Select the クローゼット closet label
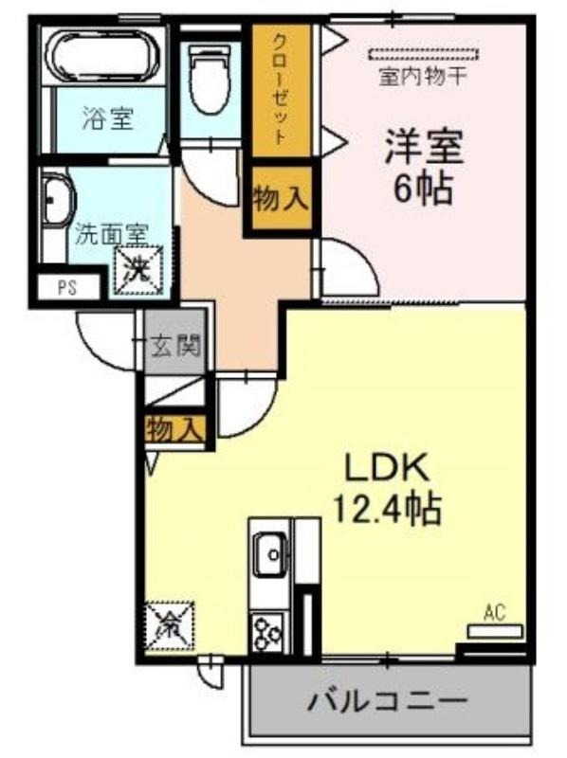coord(280,89)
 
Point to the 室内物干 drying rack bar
coord(423,54)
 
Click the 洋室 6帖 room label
coord(424,167)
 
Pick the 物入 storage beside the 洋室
coord(281,198)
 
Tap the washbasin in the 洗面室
coord(57,198)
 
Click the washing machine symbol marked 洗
coord(138,270)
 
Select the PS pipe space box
coord(67,288)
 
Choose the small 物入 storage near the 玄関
coord(174,429)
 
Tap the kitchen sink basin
coord(270,554)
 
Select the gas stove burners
coord(268,631)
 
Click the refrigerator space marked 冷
coord(170,626)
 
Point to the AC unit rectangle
coord(495,631)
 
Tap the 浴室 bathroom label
coord(108,118)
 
